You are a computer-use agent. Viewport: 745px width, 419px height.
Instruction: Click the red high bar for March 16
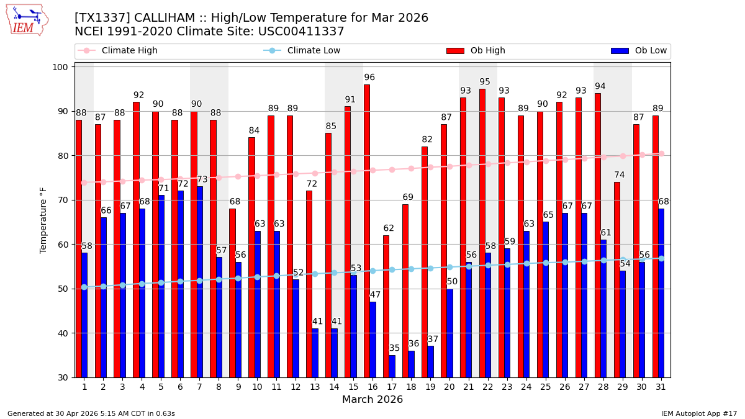click(x=367, y=231)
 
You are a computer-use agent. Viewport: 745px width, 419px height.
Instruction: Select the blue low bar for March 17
click(x=392, y=366)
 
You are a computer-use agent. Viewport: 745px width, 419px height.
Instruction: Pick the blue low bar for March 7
click(x=199, y=282)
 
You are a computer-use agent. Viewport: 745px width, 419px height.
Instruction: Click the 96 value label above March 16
click(x=369, y=78)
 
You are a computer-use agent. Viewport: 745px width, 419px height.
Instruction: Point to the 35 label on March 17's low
click(x=394, y=348)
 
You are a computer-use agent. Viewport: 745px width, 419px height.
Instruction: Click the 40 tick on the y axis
click(x=65, y=333)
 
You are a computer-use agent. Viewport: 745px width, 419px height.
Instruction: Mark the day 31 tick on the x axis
click(x=661, y=386)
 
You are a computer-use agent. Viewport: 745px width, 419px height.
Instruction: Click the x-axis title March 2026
click(x=372, y=400)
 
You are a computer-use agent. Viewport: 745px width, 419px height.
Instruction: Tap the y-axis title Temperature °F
click(x=43, y=220)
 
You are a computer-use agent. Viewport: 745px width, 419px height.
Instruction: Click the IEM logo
click(x=27, y=20)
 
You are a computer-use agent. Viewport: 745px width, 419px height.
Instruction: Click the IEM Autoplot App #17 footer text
click(x=698, y=413)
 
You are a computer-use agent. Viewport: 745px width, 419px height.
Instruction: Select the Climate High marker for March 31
click(x=661, y=153)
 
